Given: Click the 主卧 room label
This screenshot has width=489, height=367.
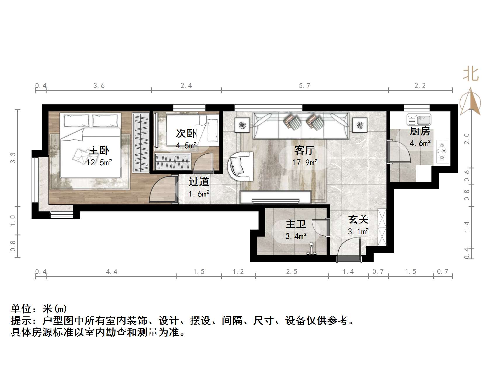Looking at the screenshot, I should tap(99, 151).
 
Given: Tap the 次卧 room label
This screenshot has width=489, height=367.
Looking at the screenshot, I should tap(186, 133).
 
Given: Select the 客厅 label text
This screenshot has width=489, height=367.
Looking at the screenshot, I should tap(304, 150).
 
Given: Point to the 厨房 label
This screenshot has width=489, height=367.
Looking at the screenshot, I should tap(420, 131).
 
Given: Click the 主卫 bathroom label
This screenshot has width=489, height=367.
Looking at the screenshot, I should tap(296, 224).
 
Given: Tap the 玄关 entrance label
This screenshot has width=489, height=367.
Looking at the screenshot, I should tap(358, 219).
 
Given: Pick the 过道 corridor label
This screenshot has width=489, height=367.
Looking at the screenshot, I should tap(199, 182).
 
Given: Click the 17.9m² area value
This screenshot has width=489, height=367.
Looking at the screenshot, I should tap(305, 162).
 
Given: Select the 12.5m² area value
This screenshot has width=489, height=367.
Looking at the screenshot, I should tap(99, 163).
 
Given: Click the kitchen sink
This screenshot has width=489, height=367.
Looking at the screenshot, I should tap(419, 120).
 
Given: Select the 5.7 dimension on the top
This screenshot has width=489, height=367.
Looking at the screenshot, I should tap(304, 86).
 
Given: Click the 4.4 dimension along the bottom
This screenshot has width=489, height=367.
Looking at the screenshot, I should tap(112, 272).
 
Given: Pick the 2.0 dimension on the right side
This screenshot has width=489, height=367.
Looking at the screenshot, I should tap(467, 138).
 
